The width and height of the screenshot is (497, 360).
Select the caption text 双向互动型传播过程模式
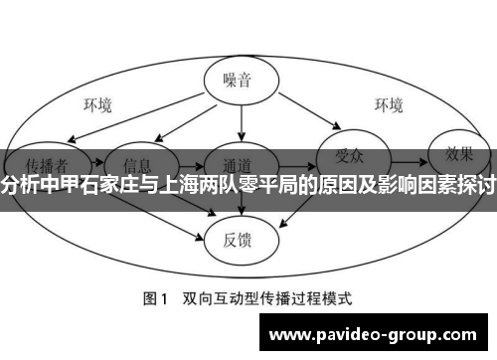coord(267,297)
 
